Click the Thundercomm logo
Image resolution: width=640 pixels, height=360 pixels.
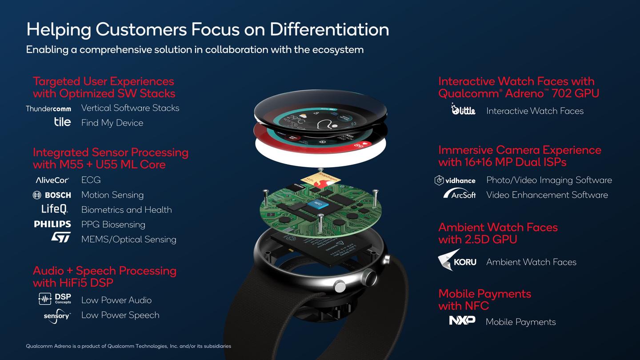pyautogui.click(x=48, y=108)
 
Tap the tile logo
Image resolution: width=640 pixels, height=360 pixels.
pyautogui.click(x=62, y=122)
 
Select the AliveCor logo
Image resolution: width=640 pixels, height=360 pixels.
pyautogui.click(x=52, y=180)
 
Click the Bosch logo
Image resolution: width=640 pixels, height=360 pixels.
pyautogui.click(x=52, y=195)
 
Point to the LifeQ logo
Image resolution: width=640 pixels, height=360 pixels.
pyautogui.click(x=54, y=209)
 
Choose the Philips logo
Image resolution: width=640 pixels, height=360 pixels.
pyautogui.click(x=52, y=224)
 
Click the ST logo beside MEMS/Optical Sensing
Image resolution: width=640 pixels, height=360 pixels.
pyautogui.click(x=61, y=237)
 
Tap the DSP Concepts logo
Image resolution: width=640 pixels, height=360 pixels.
pyautogui.click(x=55, y=299)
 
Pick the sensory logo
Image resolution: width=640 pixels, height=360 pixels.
pyautogui.click(x=57, y=316)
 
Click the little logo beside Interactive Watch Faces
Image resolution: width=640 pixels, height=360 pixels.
pyautogui.click(x=463, y=109)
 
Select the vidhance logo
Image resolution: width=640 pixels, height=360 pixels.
pyautogui.click(x=455, y=180)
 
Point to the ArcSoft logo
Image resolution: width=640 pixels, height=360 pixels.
pyautogui.click(x=460, y=194)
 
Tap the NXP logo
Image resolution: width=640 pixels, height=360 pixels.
pyautogui.click(x=462, y=320)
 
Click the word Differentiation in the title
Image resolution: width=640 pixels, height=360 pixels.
pyautogui.click(x=329, y=29)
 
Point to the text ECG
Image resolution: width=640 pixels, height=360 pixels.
pyautogui.click(x=91, y=180)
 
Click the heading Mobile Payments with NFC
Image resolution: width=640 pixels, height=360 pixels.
pyautogui.click(x=484, y=300)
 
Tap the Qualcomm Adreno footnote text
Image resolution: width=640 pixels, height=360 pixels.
pyautogui.click(x=128, y=346)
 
